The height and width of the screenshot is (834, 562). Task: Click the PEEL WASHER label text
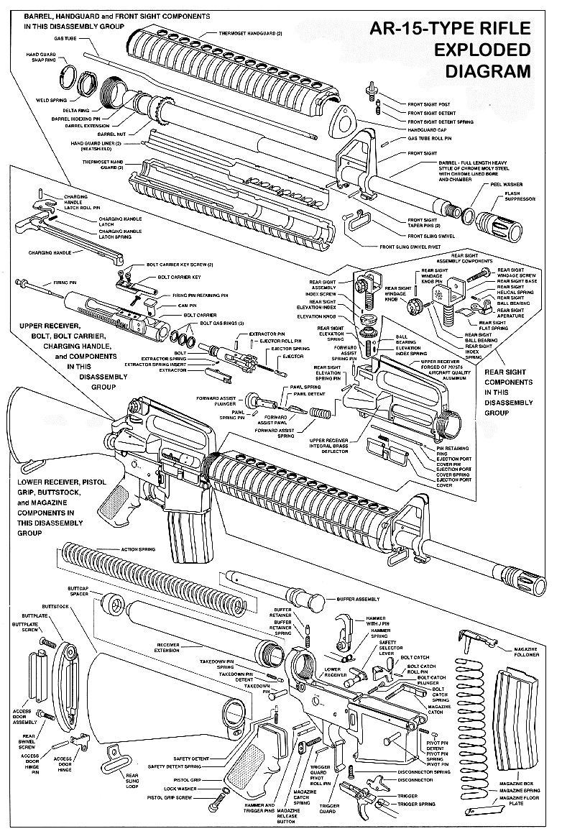pos(506,184)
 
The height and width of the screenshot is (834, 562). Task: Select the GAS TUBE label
pos(65,37)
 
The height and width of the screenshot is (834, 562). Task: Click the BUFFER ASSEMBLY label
pos(357,598)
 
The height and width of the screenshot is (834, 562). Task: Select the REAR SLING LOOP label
pos(132,780)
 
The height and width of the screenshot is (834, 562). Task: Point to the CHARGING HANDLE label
pos(49,253)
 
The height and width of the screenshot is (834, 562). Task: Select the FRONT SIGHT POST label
pos(430,104)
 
